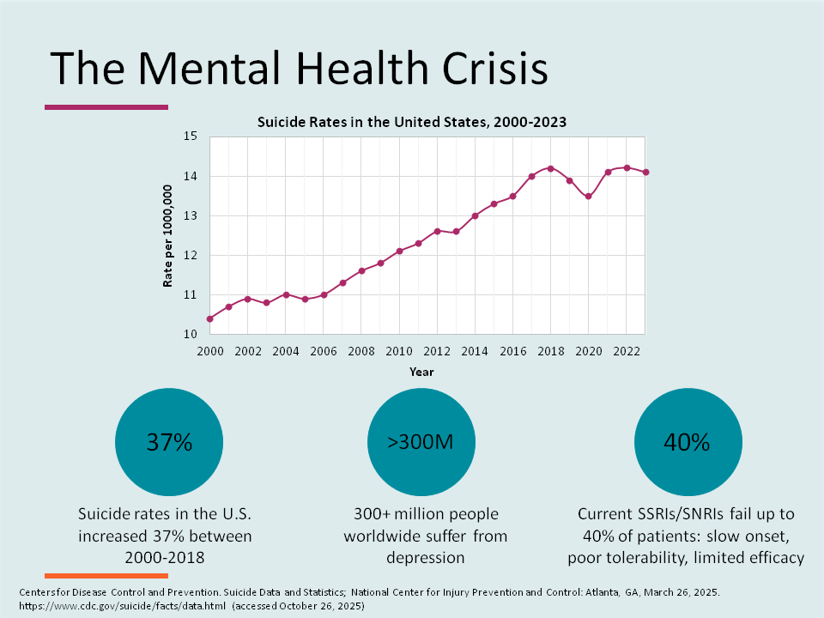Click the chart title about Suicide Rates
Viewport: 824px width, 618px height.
pos(412,122)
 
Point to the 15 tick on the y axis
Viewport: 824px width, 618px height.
pos(191,136)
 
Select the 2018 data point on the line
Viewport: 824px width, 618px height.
pos(550,168)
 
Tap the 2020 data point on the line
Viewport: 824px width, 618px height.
pos(588,197)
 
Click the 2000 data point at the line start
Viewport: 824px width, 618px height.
pos(209,318)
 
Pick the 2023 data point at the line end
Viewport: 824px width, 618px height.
pos(645,173)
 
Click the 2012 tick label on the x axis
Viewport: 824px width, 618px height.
pos(436,352)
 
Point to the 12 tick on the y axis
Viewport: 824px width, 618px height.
pos(191,256)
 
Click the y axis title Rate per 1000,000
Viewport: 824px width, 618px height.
pos(169,235)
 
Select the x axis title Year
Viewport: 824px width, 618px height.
pos(421,373)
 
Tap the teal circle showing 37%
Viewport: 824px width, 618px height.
pos(169,443)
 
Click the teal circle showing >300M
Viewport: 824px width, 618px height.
pos(421,443)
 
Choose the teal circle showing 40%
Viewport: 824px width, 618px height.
pos(687,443)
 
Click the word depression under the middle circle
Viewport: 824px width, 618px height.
pos(426,558)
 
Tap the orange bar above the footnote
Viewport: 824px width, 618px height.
pos(94,575)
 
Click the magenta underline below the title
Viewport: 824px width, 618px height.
pos(106,107)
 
